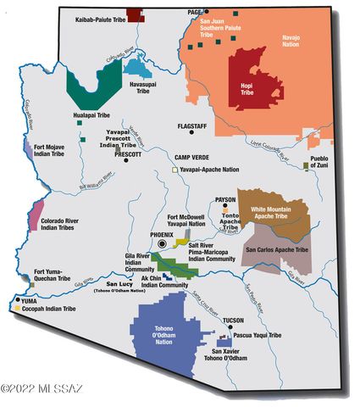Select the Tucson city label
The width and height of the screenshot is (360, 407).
(x=233, y=321)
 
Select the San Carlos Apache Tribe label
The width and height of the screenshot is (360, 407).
(x=276, y=251)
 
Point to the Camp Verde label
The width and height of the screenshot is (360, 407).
(x=191, y=158)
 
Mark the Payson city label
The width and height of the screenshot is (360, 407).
(x=225, y=199)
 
